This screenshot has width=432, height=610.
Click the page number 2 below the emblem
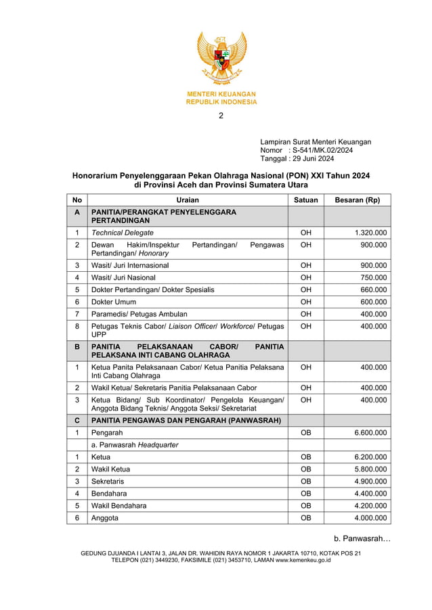click(x=221, y=116)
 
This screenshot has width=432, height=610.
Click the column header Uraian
click(x=187, y=200)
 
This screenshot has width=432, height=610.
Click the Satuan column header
click(x=305, y=200)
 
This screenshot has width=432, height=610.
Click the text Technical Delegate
click(x=123, y=233)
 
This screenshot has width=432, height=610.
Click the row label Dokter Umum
click(x=114, y=302)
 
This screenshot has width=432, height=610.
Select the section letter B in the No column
click(x=77, y=346)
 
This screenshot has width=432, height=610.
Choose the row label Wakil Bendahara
click(x=118, y=506)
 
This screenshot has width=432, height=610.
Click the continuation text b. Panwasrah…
click(x=362, y=538)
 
